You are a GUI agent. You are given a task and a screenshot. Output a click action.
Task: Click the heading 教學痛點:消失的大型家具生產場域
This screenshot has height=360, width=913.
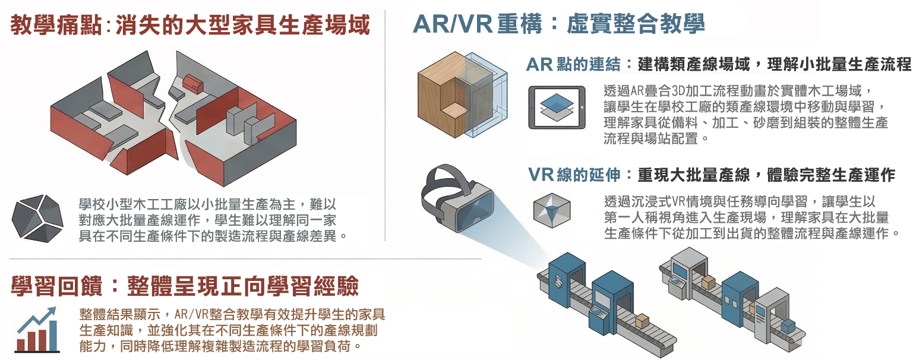190,24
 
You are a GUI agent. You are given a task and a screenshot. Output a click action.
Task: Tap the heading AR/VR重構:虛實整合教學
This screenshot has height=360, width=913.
559,24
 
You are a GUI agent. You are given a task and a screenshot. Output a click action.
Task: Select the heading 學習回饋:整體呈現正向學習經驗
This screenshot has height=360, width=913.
185,286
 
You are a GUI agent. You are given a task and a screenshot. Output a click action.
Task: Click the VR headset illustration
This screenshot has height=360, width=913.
457,198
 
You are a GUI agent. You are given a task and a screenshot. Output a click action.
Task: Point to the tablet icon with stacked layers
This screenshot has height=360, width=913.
557,108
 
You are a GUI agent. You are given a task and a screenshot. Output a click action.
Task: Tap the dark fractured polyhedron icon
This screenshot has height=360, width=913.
37,219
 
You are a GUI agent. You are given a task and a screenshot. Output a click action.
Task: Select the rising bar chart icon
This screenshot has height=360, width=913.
37,330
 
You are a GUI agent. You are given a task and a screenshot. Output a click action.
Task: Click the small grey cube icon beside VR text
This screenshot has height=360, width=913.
552,210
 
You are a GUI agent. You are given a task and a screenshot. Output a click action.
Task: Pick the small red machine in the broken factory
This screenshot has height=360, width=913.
192,84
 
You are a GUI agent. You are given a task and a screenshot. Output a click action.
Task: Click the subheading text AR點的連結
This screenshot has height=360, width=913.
573,64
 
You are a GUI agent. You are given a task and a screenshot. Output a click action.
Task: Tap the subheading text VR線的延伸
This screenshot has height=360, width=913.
574,175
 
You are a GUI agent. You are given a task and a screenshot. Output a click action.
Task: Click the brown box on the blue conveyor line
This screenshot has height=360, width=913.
642,320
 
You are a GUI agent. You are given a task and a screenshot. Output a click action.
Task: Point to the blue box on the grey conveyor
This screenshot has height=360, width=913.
788,326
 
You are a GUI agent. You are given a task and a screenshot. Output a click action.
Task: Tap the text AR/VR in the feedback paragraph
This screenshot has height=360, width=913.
191,314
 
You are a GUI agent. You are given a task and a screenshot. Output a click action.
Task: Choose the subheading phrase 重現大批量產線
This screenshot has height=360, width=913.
694,175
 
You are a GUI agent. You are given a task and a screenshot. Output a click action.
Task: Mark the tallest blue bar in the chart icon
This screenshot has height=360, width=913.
53,335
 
